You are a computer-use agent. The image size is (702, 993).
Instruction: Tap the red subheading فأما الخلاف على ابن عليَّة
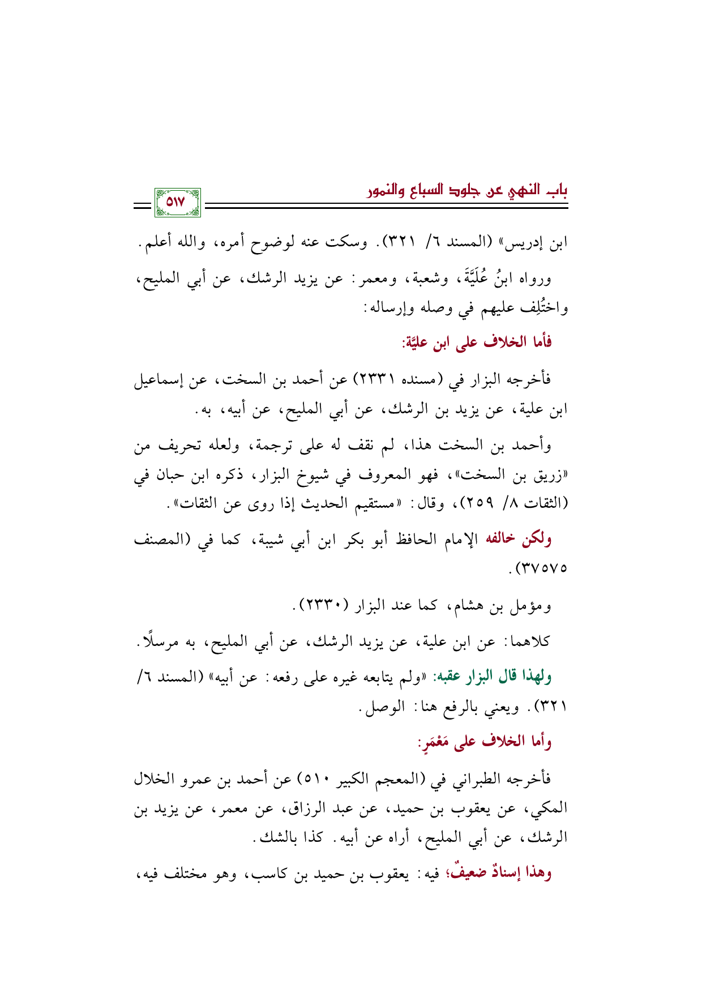tap(477, 342)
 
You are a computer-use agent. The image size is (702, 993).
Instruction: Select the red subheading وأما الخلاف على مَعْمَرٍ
tap(484, 742)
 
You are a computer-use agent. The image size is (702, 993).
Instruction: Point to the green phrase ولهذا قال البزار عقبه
tap(493, 676)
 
